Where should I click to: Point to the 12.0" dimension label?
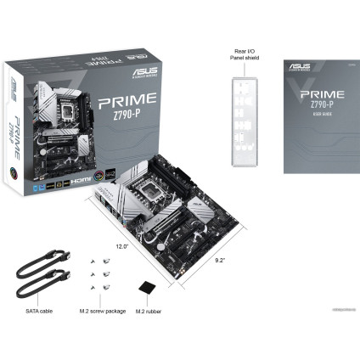[x=122, y=246]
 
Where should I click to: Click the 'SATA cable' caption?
[x=38, y=311]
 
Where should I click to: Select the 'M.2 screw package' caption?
[x=102, y=311]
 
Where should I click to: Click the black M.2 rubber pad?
[x=148, y=288]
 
